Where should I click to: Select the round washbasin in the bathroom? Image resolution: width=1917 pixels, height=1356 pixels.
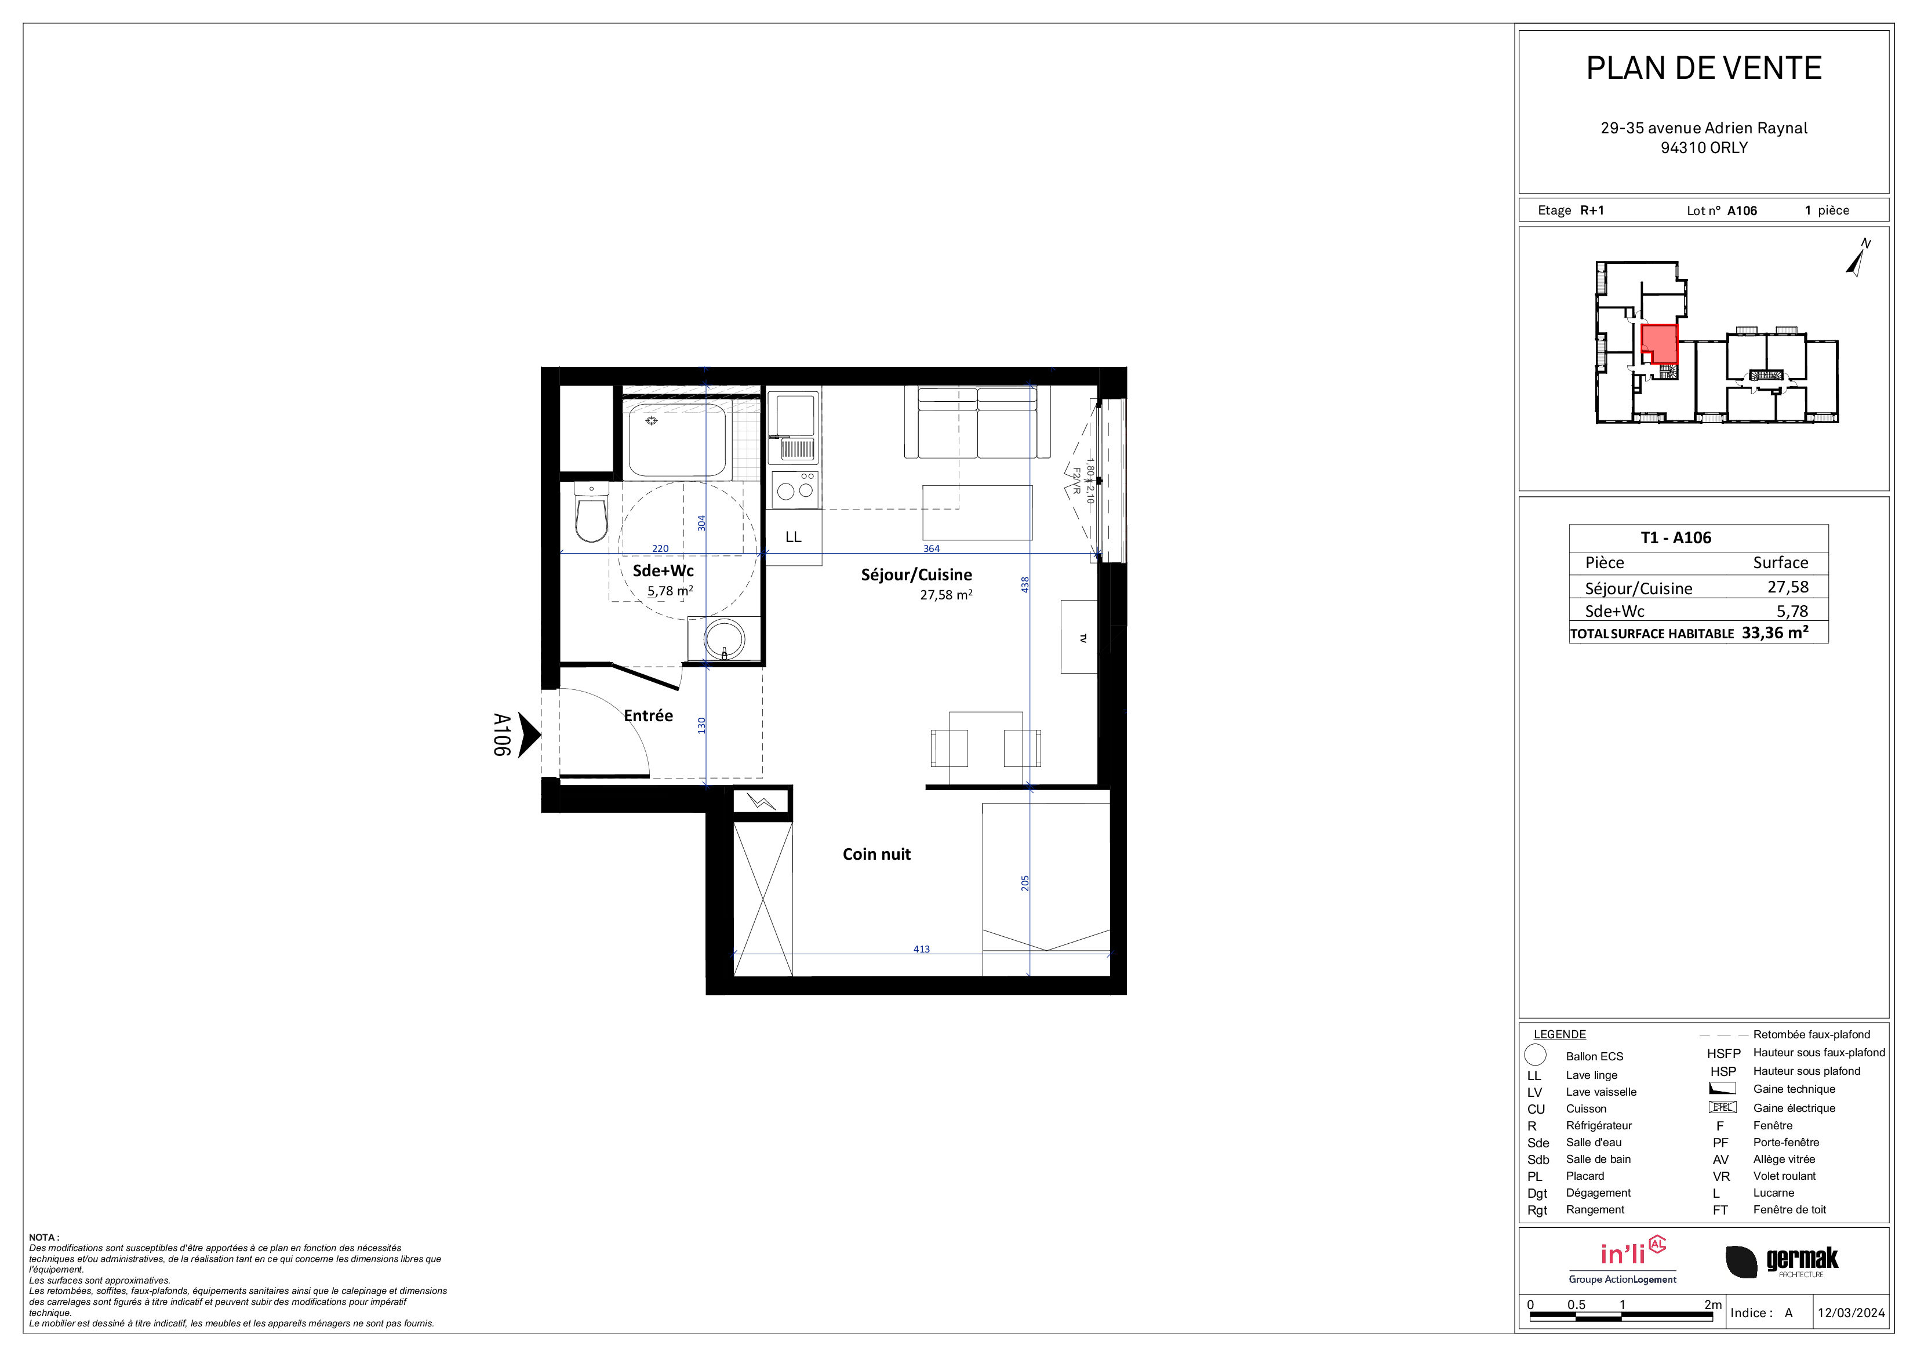point(724,639)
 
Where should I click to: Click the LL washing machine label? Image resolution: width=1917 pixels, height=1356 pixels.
point(793,537)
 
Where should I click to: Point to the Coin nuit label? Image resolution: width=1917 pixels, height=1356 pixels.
point(876,854)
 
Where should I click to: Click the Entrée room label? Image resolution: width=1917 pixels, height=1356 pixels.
point(648,715)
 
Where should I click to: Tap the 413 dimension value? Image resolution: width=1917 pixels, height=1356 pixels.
point(921,950)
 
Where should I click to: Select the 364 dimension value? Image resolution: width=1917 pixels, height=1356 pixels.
point(931,548)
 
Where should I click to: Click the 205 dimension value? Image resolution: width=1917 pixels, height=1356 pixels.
point(1025,882)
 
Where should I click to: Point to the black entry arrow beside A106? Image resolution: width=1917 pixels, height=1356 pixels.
point(529,735)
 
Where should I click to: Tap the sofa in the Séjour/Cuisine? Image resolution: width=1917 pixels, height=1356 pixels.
point(977,423)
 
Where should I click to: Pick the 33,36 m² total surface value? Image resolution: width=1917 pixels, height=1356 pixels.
point(1775,633)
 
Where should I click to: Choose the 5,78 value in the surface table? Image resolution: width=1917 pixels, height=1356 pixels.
point(1792,611)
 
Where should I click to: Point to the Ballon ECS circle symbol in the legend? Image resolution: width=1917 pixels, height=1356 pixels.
point(1536,1056)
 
